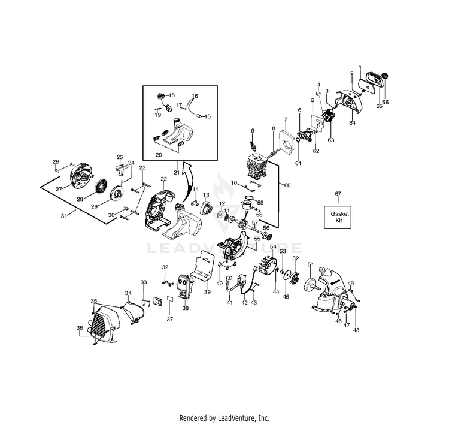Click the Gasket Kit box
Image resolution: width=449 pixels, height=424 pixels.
click(338, 217)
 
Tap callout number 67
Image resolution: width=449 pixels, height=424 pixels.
click(338, 194)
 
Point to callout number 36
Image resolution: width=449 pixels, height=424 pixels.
click(80, 328)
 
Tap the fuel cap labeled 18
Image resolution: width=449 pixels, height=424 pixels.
click(160, 95)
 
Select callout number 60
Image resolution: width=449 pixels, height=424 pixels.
click(287, 185)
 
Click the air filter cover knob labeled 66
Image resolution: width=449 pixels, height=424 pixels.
click(385, 76)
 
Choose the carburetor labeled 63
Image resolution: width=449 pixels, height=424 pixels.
click(327, 116)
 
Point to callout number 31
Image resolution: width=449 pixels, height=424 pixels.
click(63, 216)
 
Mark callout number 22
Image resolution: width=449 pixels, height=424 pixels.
click(163, 179)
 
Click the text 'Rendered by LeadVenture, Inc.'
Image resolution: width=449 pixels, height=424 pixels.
click(224, 417)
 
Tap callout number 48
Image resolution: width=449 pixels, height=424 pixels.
click(356, 330)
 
